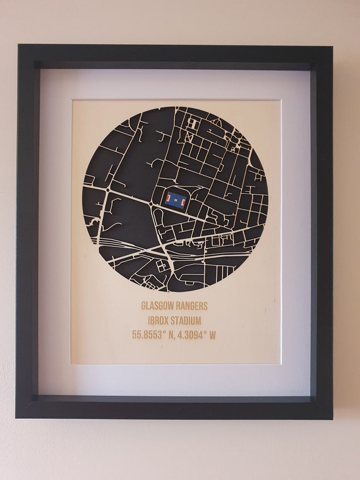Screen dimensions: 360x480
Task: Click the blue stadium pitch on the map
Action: tap(176, 200)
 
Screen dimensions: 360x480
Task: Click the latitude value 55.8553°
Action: tap(151, 335)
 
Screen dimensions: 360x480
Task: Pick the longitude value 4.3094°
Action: tap(191, 335)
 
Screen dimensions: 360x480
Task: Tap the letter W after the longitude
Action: tap(212, 335)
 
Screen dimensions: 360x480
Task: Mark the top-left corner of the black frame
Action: tap(19, 45)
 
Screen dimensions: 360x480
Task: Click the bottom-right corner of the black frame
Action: tap(332, 419)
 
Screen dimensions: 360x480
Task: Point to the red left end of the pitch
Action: tap(168, 200)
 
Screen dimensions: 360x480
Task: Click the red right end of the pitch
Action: tap(184, 200)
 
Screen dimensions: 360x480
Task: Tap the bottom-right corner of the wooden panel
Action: tap(280, 363)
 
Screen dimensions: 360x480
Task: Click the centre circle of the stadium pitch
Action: tap(176, 200)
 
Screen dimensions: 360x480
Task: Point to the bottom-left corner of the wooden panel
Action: tap(71, 363)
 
